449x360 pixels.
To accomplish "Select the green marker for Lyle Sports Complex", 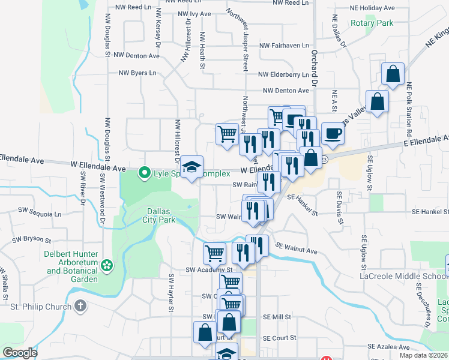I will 144,173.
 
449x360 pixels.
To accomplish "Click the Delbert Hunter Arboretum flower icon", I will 107,265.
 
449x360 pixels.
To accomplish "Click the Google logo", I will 20,353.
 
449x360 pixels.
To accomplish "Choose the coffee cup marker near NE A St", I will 332,133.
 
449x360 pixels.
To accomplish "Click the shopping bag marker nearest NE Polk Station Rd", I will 393,74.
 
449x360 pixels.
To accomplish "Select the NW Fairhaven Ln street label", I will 284,46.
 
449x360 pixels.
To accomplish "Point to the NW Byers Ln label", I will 137,73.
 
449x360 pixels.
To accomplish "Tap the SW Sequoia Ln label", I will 40,212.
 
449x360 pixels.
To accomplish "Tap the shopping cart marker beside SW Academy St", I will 214,253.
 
